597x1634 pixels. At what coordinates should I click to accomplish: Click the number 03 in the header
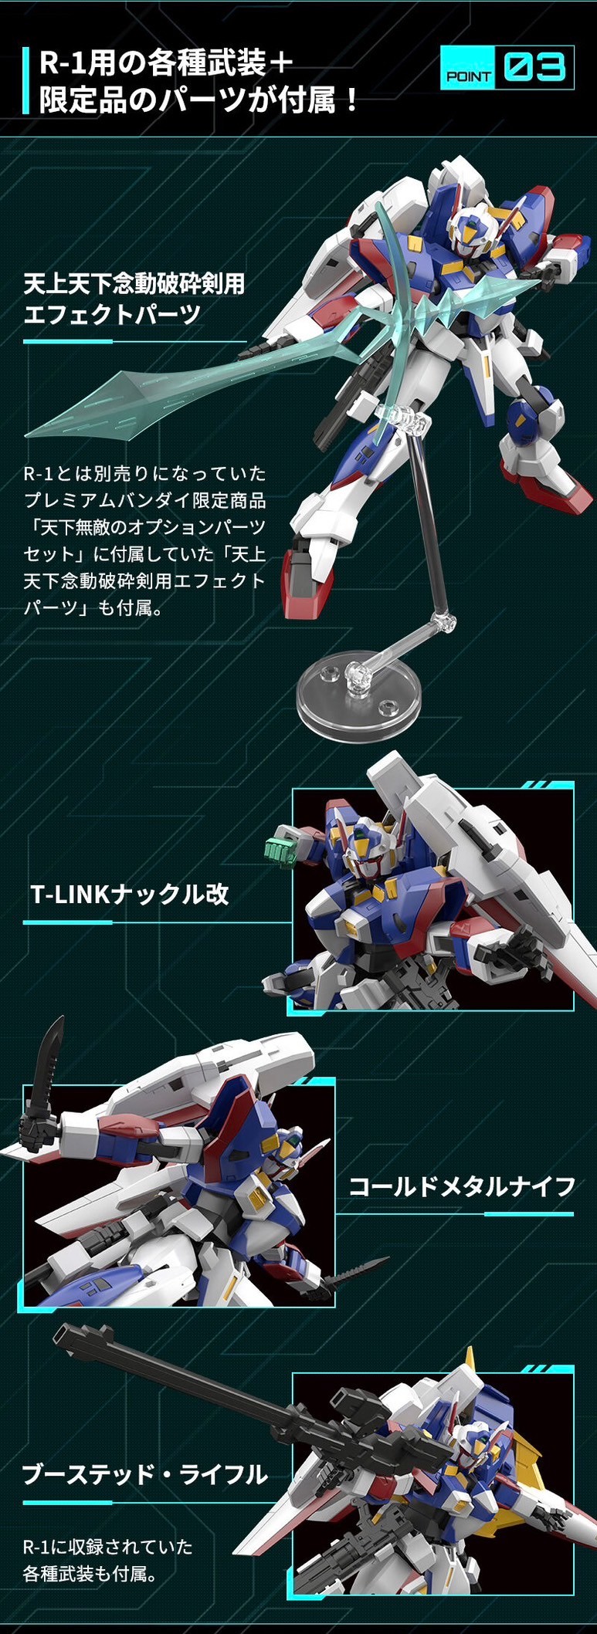pyautogui.click(x=534, y=68)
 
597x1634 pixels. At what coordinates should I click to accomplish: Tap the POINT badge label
pyautogui.click(x=469, y=76)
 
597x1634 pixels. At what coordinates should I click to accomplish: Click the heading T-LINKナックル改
pyautogui.click(x=130, y=895)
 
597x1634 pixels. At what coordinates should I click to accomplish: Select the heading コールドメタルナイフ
pyautogui.click(x=462, y=1186)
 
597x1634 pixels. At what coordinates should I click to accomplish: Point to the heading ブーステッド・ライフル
pyautogui.click(x=145, y=1475)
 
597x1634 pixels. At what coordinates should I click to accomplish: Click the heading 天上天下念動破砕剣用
pyautogui.click(x=134, y=283)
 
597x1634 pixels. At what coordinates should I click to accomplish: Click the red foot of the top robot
pyautogui.click(x=300, y=579)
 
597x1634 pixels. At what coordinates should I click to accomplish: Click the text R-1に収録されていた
pyautogui.click(x=107, y=1547)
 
